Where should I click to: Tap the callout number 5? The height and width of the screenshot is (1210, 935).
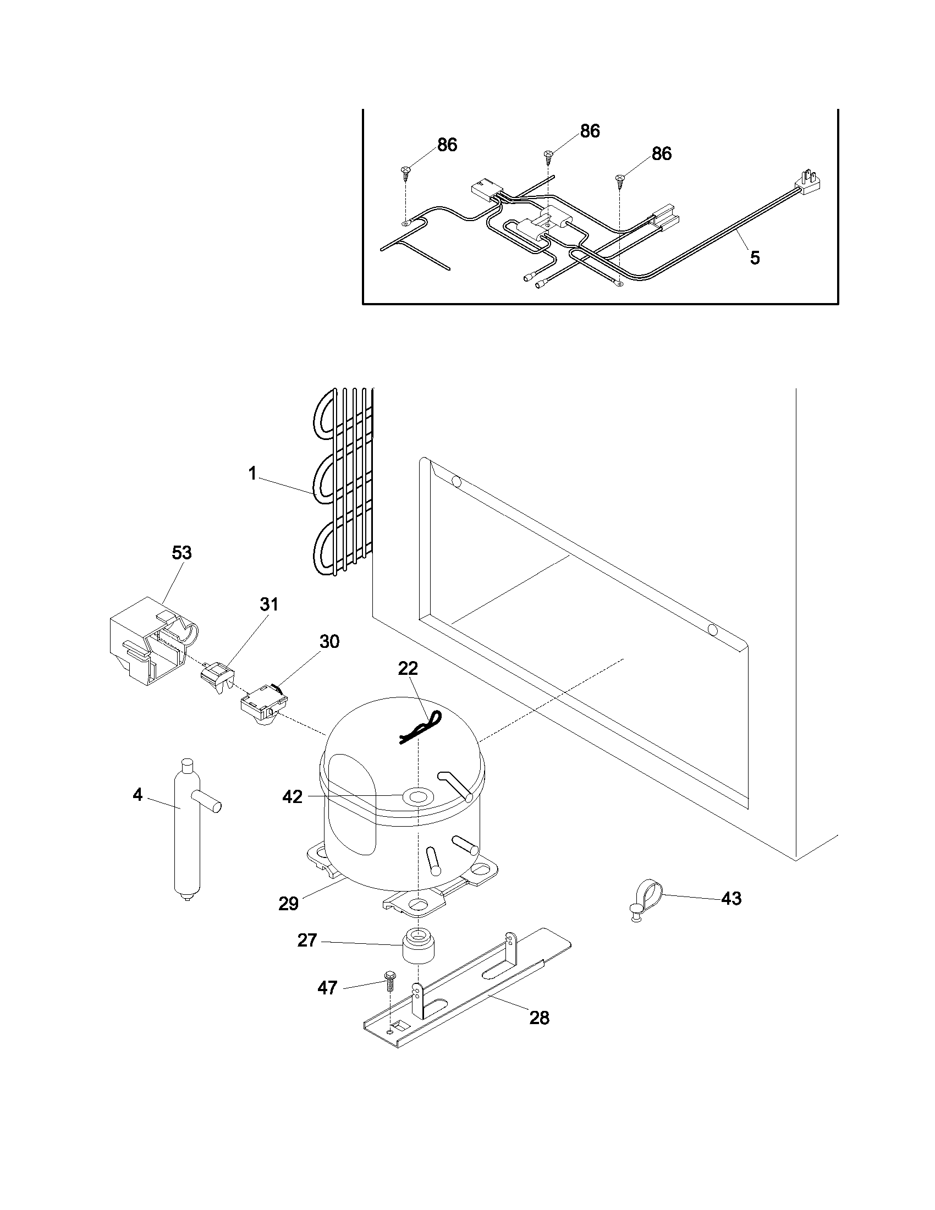(x=755, y=258)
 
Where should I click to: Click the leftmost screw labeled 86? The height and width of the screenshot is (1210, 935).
(x=405, y=170)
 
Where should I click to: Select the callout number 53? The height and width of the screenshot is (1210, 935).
(x=182, y=552)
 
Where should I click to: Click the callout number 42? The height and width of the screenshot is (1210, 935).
(x=293, y=797)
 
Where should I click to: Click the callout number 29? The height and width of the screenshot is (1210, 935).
(x=289, y=904)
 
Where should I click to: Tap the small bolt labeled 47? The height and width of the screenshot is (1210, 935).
(x=388, y=982)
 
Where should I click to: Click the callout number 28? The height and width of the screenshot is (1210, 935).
(x=539, y=1018)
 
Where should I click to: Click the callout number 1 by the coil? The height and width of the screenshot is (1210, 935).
(x=252, y=474)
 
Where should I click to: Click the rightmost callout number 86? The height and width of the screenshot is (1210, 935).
(x=661, y=153)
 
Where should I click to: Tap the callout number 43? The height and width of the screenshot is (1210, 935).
(x=731, y=899)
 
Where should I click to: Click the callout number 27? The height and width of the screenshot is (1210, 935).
(x=307, y=940)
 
